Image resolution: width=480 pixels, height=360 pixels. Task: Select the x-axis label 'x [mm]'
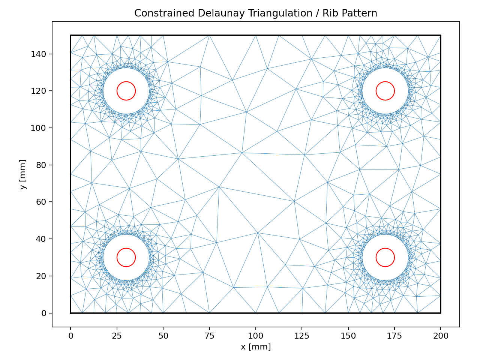(x=256, y=347)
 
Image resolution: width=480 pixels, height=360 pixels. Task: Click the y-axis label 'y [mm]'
(x=23, y=174)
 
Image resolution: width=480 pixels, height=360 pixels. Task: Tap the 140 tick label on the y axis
(x=39, y=54)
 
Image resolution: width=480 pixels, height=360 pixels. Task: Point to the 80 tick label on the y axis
(x=41, y=165)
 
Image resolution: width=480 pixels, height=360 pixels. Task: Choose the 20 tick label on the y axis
(x=41, y=276)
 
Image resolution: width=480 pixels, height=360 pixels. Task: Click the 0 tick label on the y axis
(x=44, y=313)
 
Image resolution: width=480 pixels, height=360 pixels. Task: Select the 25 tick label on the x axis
(x=117, y=336)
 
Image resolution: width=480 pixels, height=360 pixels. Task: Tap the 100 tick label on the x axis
(x=256, y=336)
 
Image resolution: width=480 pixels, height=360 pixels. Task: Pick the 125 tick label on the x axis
(x=302, y=336)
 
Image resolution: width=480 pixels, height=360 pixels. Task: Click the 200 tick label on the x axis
(x=441, y=336)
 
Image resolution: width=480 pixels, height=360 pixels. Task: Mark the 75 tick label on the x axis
(x=209, y=336)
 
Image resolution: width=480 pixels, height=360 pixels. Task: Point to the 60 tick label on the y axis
(x=41, y=202)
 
